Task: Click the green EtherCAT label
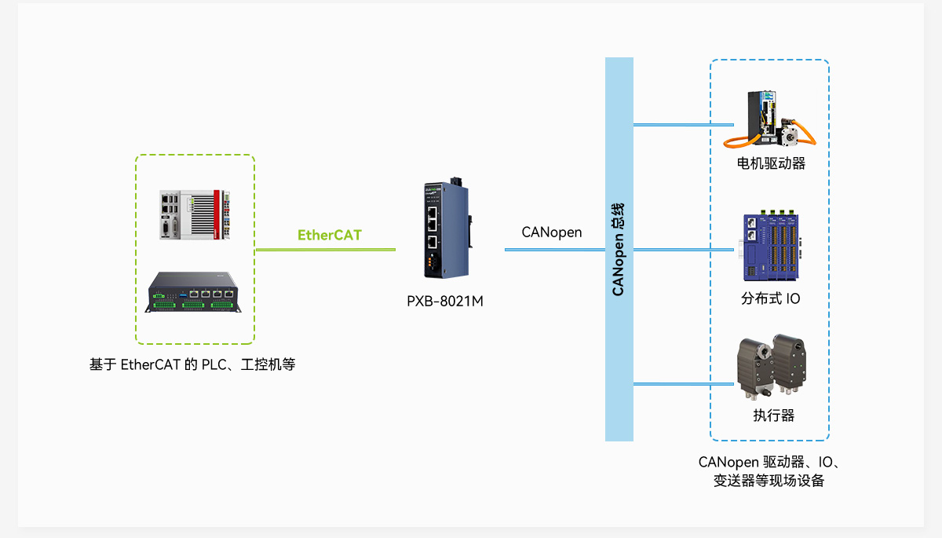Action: [x=330, y=235]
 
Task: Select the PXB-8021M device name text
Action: [x=445, y=300]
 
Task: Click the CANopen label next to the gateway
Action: [x=552, y=232]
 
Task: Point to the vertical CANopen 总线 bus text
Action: [x=619, y=249]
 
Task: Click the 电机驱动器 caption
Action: [x=771, y=163]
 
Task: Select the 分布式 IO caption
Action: [x=771, y=298]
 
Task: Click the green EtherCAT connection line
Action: [x=326, y=250]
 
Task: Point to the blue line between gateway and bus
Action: [x=554, y=250]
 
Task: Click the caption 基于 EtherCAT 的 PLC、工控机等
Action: [x=192, y=364]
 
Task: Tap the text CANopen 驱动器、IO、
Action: [x=769, y=462]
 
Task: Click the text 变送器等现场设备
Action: [x=769, y=481]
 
